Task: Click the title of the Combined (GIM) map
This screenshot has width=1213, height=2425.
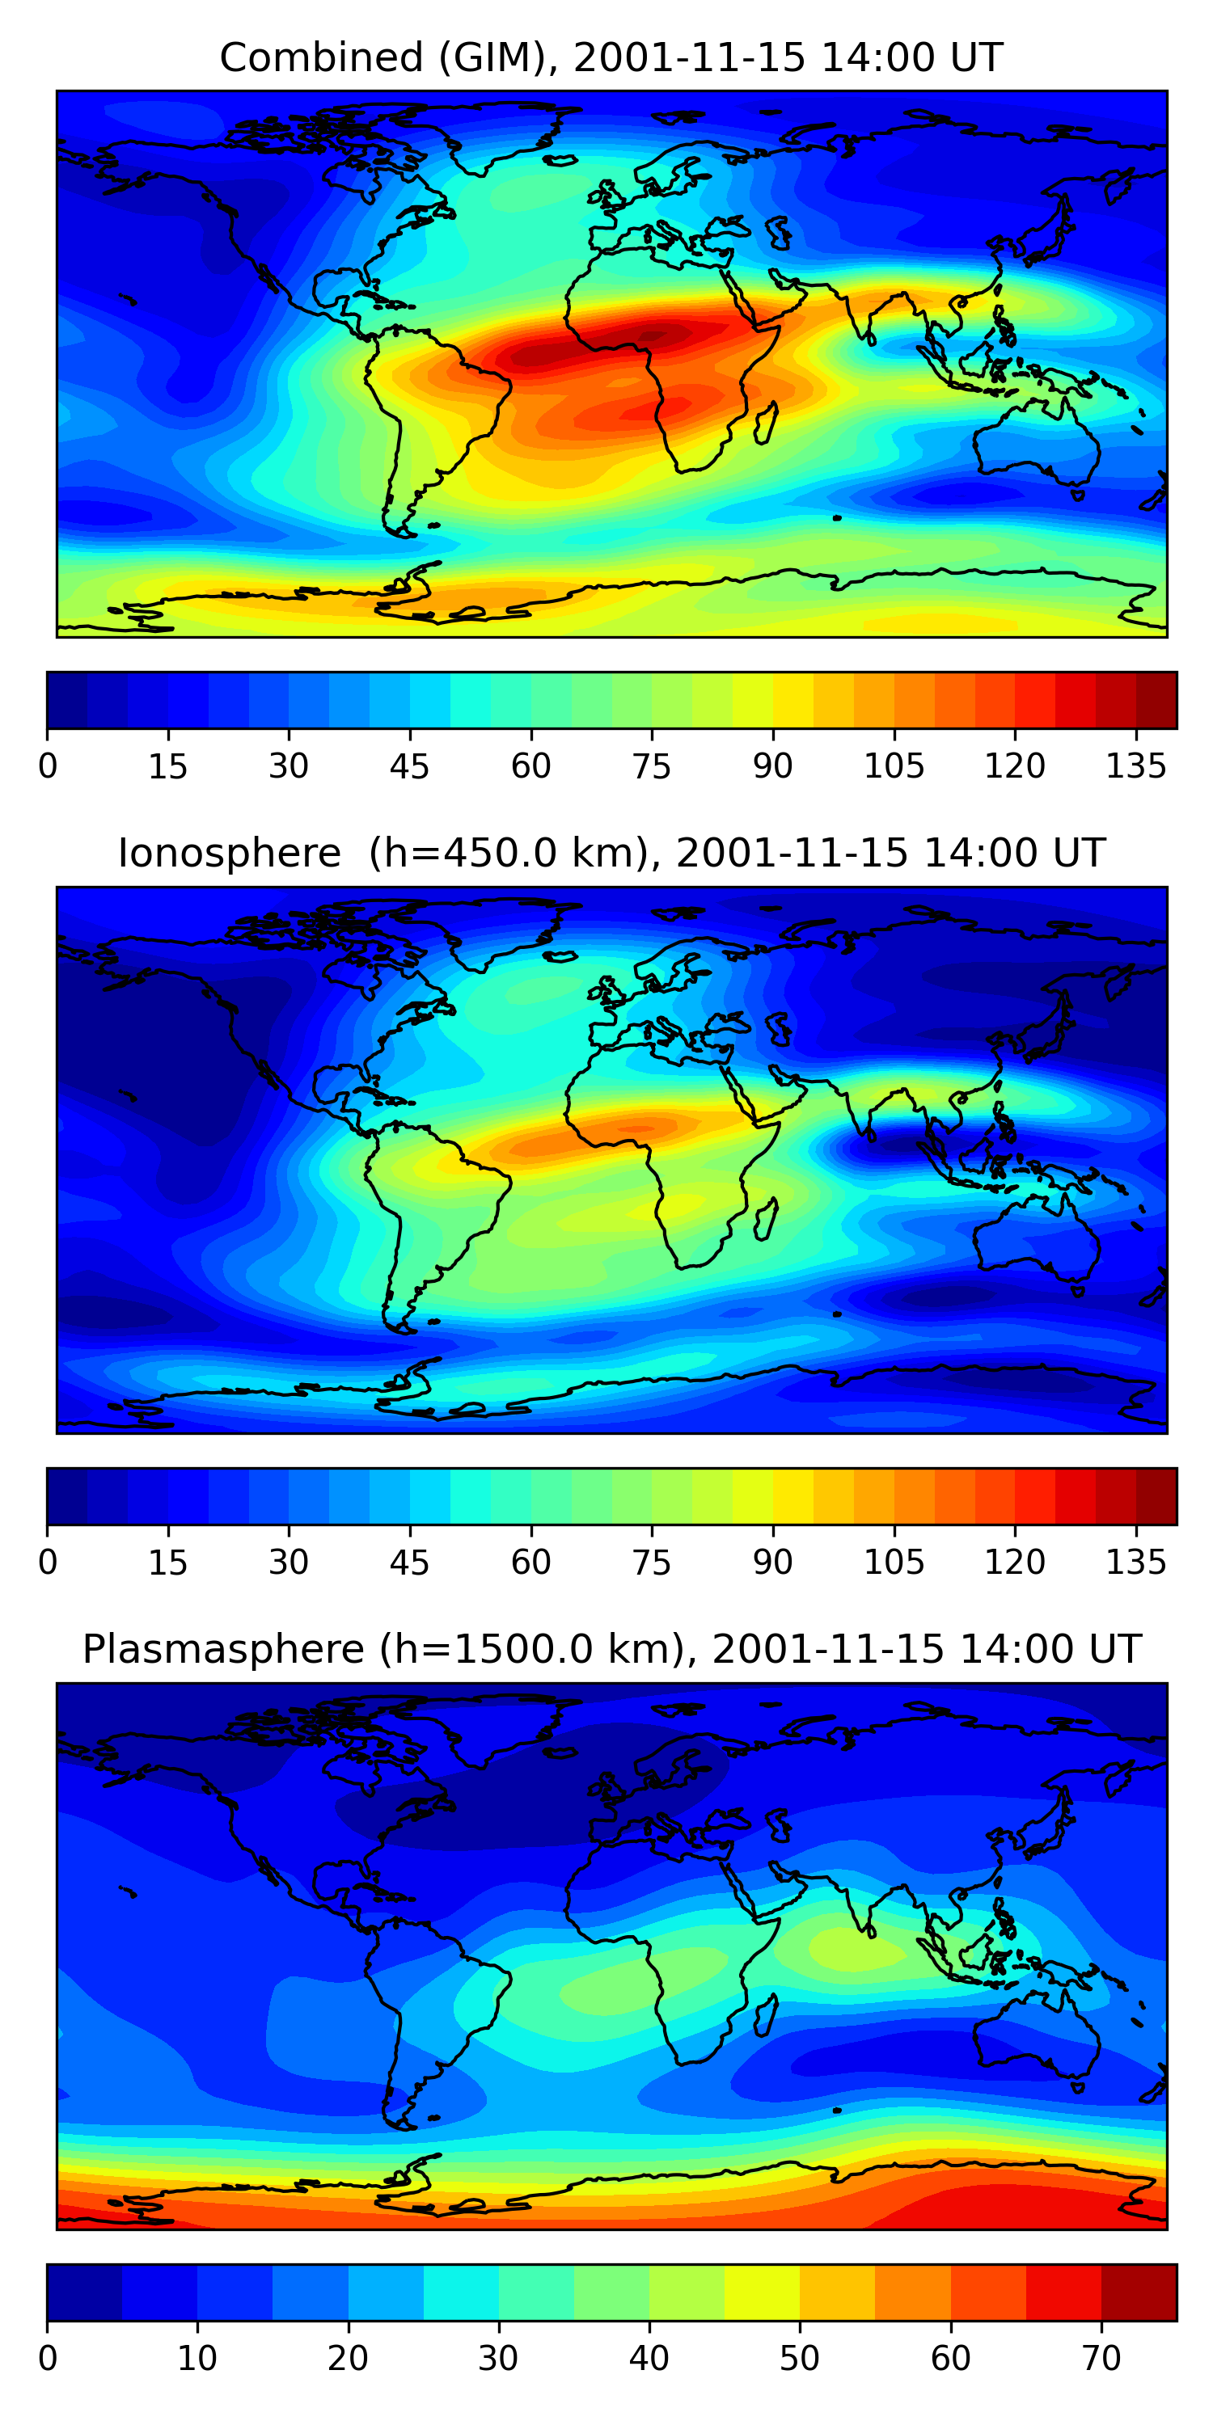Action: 611,58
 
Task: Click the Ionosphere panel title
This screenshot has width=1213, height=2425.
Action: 611,854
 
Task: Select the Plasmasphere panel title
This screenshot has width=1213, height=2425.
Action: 611,1649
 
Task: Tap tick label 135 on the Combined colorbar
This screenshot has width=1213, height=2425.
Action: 1136,767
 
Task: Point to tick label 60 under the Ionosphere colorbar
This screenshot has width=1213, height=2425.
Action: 530,1563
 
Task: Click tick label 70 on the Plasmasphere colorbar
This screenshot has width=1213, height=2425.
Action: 1101,2358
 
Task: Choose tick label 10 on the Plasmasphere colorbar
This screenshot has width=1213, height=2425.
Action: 197,2358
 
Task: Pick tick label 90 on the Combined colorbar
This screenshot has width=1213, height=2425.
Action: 772,767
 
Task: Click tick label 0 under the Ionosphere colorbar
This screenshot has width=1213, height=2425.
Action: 48,1563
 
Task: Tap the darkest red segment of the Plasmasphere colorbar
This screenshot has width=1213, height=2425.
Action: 1139,2293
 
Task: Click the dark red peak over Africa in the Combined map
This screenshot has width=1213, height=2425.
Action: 650,337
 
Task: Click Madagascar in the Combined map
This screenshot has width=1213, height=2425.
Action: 766,421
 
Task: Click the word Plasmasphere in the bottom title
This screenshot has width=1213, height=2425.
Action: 222,1649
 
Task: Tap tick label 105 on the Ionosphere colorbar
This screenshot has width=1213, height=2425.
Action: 893,1563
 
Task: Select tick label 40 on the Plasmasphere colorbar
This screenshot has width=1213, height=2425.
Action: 649,2358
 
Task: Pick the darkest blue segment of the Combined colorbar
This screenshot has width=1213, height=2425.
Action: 67,700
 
